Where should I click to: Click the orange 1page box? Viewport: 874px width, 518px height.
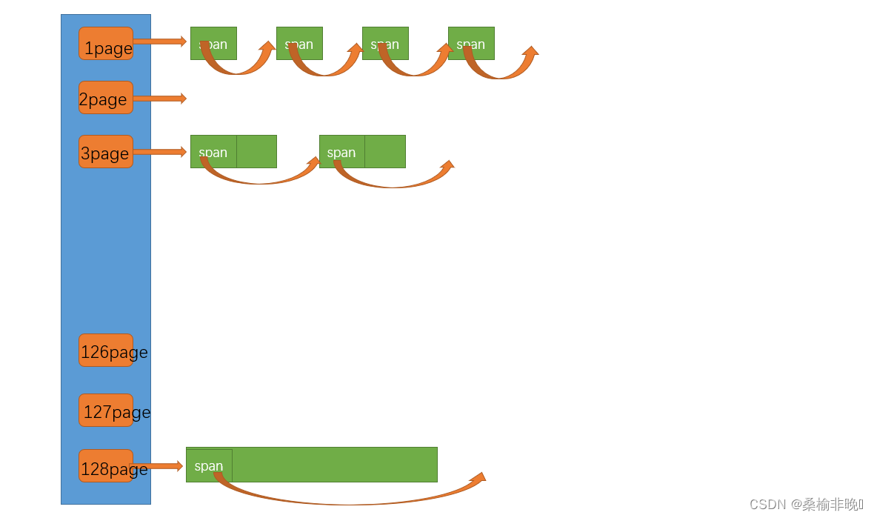pos(106,44)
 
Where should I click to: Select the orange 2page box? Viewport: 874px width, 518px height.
pos(106,98)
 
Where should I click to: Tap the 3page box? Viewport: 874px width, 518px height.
pos(106,152)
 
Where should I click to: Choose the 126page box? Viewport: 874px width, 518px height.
pos(106,351)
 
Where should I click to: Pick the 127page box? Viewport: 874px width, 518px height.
pos(106,411)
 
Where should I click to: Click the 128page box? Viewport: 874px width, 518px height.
pos(106,466)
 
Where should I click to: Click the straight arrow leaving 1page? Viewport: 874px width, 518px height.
pos(159,41)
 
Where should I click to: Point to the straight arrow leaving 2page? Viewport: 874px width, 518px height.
pos(159,99)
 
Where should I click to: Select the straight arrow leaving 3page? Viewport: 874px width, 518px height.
pos(159,152)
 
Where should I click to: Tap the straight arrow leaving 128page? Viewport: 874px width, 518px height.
pos(157,466)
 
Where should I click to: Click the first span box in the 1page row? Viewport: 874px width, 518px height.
pos(213,43)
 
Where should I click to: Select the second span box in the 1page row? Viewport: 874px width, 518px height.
pos(299,43)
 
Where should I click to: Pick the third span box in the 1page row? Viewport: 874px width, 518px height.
pos(385,43)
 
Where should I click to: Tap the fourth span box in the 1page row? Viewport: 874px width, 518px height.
pos(471,43)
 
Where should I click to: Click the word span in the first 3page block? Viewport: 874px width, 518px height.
pos(213,152)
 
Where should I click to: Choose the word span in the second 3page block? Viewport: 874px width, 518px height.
pos(341,152)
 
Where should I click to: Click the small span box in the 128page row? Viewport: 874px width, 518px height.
pos(209,465)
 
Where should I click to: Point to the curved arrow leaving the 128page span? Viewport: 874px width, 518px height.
pos(348,502)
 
